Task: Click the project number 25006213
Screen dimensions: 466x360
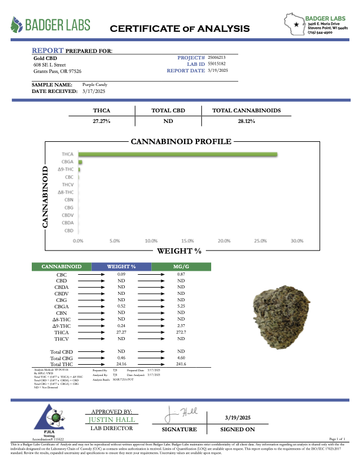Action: tap(216, 57)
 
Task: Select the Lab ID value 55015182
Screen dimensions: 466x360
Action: tap(216, 64)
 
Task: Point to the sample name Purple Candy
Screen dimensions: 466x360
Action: tap(95, 85)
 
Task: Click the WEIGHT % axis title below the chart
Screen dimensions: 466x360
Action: tap(179, 251)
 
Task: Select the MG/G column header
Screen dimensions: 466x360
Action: tap(181, 267)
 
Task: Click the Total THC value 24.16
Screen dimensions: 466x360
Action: tap(122, 364)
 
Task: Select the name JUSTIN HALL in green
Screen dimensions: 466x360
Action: tap(112, 420)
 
